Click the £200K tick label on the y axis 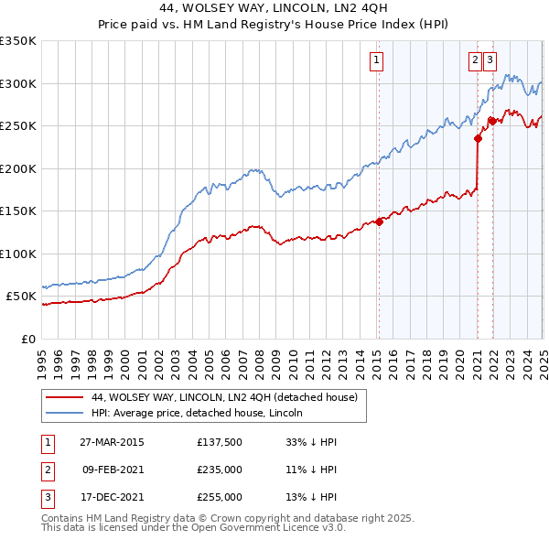click(x=18, y=168)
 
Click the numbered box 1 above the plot click(x=377, y=61)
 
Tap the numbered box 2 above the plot click(x=476, y=61)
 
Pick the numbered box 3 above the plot click(x=490, y=61)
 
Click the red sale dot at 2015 click(x=380, y=221)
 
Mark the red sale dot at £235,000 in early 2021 click(x=478, y=139)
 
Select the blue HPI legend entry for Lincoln click(x=198, y=413)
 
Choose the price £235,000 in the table click(x=220, y=470)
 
